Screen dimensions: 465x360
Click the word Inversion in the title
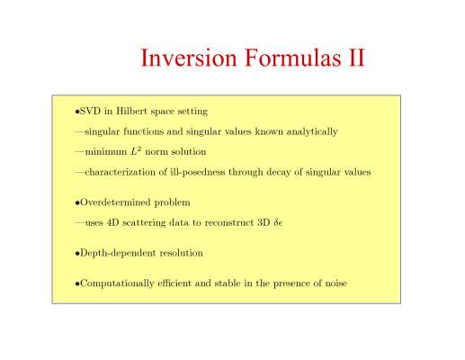click(189, 58)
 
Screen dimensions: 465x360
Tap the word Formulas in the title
click(293, 58)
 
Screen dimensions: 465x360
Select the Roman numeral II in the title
click(356, 58)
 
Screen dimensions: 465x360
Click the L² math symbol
click(136, 151)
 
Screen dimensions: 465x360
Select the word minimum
click(106, 152)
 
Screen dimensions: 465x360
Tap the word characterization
click(126, 172)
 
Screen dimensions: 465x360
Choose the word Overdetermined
click(115, 202)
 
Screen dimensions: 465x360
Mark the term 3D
click(264, 222)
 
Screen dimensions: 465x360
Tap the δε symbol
click(278, 223)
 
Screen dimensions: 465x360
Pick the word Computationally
click(117, 283)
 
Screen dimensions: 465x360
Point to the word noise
click(336, 283)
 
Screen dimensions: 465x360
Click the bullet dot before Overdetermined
click(77, 203)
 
